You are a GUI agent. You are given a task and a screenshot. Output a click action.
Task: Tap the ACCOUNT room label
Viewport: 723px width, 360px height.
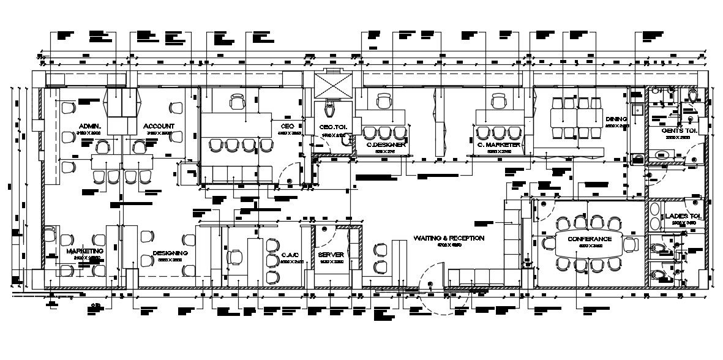pyautogui.click(x=159, y=127)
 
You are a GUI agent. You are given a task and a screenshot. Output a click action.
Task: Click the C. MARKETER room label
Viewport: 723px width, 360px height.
pyautogui.click(x=499, y=145)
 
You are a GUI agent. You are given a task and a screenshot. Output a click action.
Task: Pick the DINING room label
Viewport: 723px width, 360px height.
pyautogui.click(x=616, y=119)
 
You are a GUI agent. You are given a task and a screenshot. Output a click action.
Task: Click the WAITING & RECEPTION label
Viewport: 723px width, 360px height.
pyautogui.click(x=449, y=238)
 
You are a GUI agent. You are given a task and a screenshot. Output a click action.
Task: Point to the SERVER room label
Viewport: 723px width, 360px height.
pyautogui.click(x=331, y=254)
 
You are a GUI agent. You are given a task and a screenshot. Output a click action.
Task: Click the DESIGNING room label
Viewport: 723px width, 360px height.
pyautogui.click(x=170, y=252)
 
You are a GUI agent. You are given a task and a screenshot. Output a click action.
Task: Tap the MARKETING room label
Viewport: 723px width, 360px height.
pyautogui.click(x=84, y=252)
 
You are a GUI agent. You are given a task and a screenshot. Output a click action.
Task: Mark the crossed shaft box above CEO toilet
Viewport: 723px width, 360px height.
pyautogui.click(x=331, y=84)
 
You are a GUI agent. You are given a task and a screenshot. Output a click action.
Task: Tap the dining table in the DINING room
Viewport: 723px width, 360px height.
pyautogui.click(x=578, y=116)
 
